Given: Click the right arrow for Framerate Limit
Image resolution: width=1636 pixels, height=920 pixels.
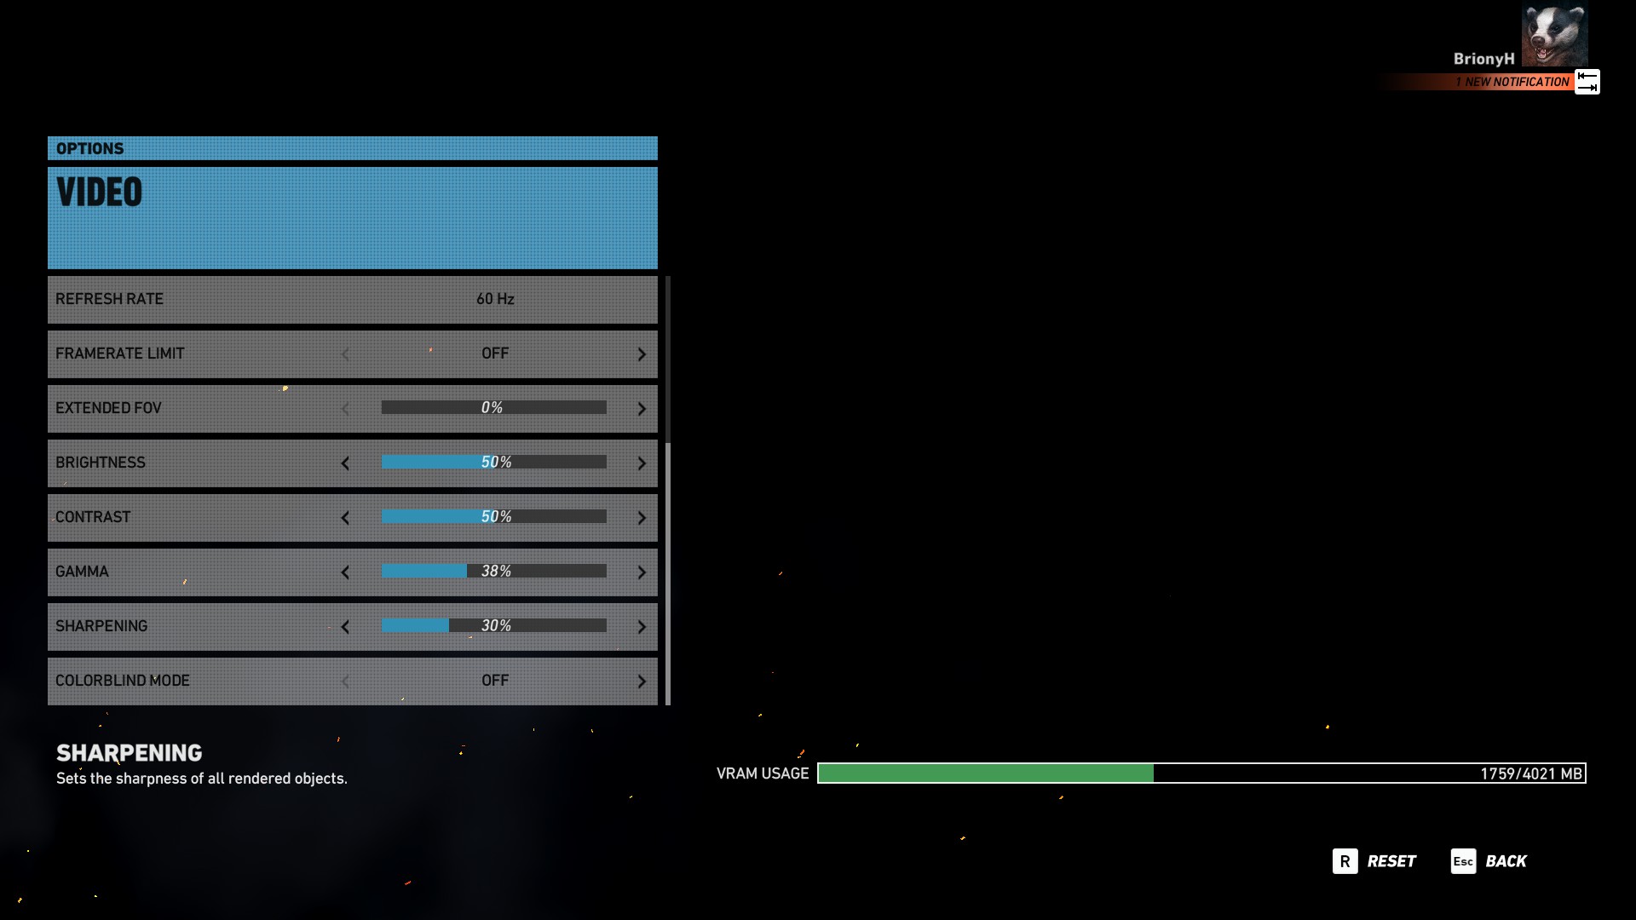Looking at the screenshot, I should [642, 354].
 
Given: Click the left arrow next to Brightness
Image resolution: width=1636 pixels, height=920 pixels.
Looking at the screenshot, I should [345, 463].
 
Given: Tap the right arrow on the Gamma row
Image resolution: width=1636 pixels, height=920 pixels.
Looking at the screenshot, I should [642, 572].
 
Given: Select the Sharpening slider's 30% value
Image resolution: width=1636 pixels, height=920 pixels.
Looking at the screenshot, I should [496, 626].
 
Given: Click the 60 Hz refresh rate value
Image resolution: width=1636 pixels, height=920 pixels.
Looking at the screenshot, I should [495, 299].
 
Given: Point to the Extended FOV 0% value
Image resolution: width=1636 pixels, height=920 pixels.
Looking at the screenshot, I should [493, 408].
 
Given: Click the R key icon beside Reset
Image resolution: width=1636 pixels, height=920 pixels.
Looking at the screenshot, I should [1345, 861].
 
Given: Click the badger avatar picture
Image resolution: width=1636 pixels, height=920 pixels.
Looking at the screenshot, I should [1554, 34].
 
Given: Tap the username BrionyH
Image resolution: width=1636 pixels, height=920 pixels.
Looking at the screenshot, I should [1483, 59].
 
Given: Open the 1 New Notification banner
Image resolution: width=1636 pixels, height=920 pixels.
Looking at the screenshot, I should [1512, 82].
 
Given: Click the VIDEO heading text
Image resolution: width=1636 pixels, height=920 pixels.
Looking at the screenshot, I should [100, 193].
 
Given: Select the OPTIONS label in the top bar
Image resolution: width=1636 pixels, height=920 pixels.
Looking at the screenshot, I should [89, 148].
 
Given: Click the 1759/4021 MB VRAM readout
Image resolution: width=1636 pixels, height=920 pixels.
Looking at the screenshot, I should [1530, 773].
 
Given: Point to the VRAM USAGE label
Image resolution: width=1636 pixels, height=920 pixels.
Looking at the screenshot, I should [763, 773].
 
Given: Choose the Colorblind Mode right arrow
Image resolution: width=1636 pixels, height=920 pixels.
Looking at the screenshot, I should [642, 681].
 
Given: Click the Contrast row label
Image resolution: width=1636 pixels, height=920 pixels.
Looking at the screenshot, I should [93, 517].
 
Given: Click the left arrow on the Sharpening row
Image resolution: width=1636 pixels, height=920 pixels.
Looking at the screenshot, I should [345, 627].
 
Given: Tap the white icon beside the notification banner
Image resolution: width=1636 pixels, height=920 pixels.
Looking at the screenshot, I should [1587, 82].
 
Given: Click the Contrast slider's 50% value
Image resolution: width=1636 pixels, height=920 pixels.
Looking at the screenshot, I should [496, 517].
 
